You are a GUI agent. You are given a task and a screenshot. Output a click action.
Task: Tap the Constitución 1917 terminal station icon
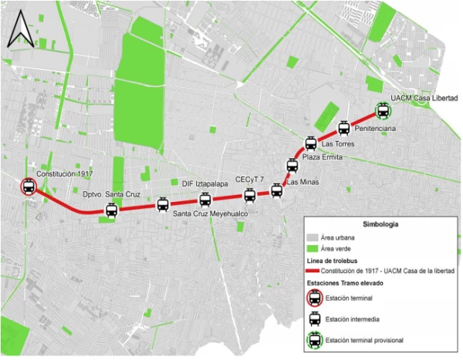click(x=29, y=187)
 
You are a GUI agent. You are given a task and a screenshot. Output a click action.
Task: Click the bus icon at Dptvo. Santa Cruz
click(x=111, y=210)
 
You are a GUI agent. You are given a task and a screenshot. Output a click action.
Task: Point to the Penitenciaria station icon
click(x=343, y=128)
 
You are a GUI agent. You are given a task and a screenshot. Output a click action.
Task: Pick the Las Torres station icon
click(x=310, y=143)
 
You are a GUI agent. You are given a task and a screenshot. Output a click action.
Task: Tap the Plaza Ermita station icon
click(x=292, y=165)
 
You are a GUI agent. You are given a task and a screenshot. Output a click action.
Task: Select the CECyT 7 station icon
click(x=249, y=195)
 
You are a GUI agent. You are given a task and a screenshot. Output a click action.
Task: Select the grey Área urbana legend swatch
click(x=313, y=238)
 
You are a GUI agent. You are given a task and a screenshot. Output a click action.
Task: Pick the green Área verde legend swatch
click(x=313, y=249)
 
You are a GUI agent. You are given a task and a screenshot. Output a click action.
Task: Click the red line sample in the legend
click(x=314, y=271)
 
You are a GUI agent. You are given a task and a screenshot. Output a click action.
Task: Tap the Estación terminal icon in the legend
click(x=315, y=298)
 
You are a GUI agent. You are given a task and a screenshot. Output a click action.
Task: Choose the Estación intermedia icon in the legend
click(x=315, y=318)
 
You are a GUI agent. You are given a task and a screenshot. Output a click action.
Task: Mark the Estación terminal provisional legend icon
click(x=315, y=339)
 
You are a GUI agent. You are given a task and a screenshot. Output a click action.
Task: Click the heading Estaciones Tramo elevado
click(x=346, y=284)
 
